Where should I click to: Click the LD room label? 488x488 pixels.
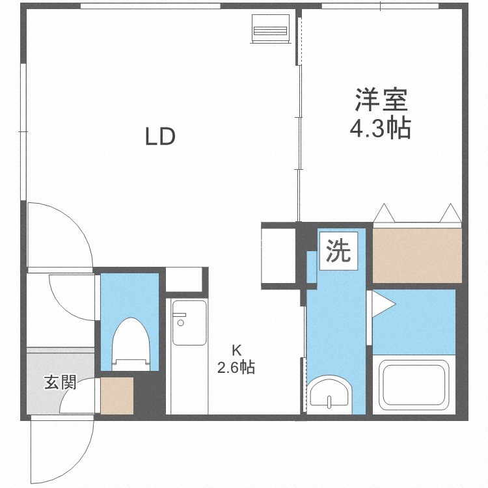(x=160, y=137)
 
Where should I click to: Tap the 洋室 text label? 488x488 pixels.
(x=381, y=100)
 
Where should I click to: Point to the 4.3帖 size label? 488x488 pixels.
(x=381, y=128)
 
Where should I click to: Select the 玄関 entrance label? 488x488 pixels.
(x=60, y=382)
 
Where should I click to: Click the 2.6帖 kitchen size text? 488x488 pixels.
(x=236, y=368)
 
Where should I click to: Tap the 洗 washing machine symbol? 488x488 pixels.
(x=338, y=251)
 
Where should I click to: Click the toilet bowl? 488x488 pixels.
(x=131, y=344)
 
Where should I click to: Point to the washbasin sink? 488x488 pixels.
(x=330, y=395)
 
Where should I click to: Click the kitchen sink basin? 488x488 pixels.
(x=189, y=323)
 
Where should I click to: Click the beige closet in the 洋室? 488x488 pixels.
(x=417, y=256)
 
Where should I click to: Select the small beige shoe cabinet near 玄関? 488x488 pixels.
(x=117, y=396)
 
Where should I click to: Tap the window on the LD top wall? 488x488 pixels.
(x=151, y=6)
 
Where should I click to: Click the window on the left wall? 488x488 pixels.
(x=23, y=131)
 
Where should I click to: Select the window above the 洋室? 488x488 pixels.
(x=381, y=6)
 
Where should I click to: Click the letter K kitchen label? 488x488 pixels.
(x=237, y=351)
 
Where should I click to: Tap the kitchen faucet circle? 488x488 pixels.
(x=180, y=323)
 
